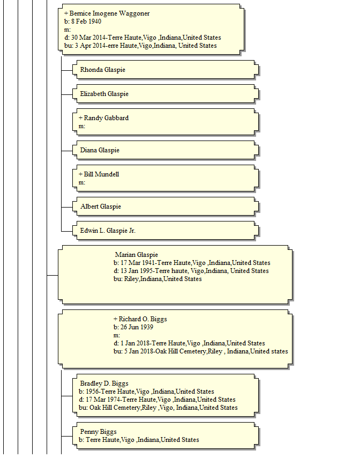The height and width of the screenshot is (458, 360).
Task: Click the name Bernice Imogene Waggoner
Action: click(109, 13)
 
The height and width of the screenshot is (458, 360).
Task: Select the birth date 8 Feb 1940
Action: click(86, 21)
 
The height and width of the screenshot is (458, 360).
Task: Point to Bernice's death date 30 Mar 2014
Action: click(88, 38)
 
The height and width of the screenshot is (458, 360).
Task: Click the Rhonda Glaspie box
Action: click(166, 70)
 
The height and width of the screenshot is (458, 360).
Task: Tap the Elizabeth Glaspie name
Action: click(104, 94)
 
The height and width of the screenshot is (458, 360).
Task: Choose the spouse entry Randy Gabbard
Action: click(106, 118)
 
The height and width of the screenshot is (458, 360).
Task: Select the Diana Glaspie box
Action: click(166, 150)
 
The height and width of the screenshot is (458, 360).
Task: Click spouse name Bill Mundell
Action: click(102, 174)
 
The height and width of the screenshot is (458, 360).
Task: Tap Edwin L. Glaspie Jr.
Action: click(108, 231)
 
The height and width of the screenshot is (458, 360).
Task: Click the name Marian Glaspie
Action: click(137, 255)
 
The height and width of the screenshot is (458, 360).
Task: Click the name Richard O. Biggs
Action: click(142, 319)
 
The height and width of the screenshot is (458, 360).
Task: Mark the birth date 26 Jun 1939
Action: click(137, 327)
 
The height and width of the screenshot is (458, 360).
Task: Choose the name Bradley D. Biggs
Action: click(104, 383)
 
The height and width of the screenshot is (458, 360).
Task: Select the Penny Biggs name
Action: click(99, 432)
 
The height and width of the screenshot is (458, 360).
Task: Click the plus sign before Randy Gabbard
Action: click(80, 118)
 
